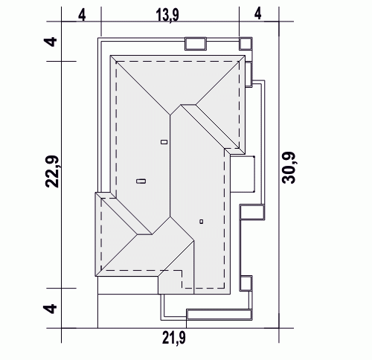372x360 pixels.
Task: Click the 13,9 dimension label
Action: click(167, 16)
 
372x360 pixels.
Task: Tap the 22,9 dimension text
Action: click(52, 172)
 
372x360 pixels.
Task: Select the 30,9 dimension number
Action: click(289, 167)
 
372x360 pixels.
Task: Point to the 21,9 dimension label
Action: click(174, 338)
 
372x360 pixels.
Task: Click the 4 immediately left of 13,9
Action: click(82, 15)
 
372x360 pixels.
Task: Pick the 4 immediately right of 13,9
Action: click(258, 14)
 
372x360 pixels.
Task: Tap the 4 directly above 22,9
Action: click(51, 42)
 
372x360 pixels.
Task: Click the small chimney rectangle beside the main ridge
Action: click(164, 142)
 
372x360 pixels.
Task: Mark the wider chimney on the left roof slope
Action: click(141, 181)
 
